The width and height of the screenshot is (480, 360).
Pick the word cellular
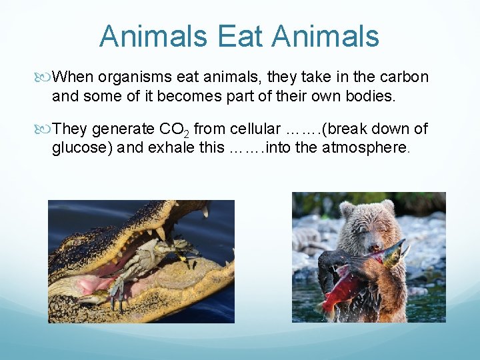pos(251,129)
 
